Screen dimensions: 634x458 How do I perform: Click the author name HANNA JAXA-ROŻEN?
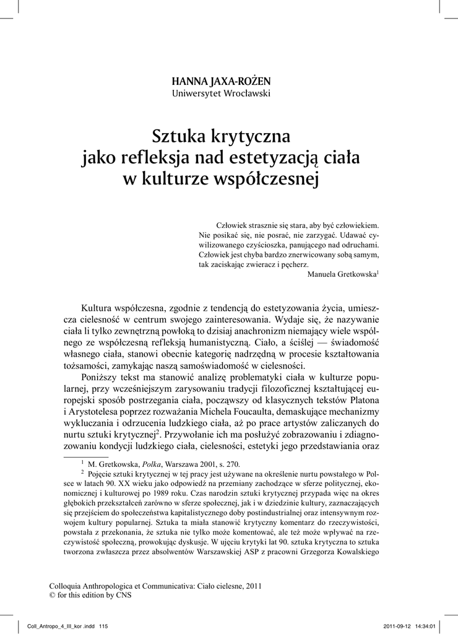221,81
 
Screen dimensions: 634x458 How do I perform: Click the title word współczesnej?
264,181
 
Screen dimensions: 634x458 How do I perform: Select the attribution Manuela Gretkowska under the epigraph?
342,275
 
